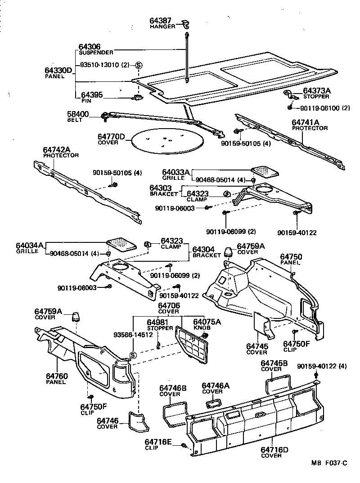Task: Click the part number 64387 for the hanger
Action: pyautogui.click(x=161, y=21)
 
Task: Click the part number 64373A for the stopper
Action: pyautogui.click(x=316, y=91)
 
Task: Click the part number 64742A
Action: pyautogui.click(x=58, y=150)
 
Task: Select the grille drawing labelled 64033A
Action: pyautogui.click(x=264, y=172)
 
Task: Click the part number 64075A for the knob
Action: pyautogui.click(x=207, y=322)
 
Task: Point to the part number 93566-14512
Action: pyautogui.click(x=132, y=335)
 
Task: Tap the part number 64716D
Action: pyautogui.click(x=274, y=450)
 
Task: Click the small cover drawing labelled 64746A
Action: pyautogui.click(x=215, y=402)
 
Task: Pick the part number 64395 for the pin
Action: pyautogui.click(x=92, y=95)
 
